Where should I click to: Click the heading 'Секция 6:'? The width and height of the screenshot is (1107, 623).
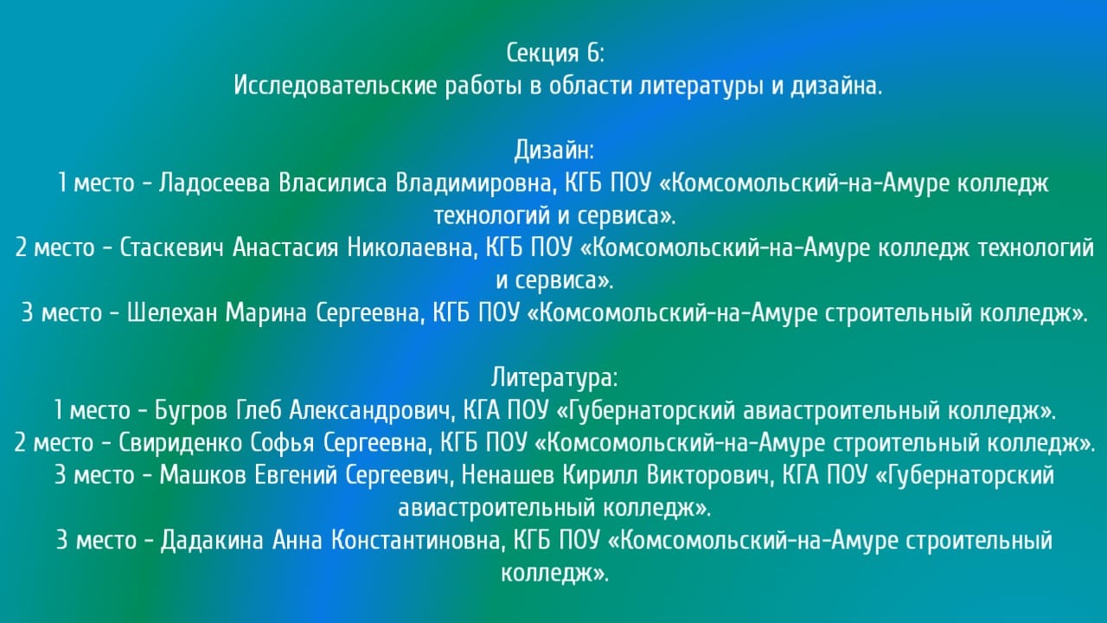click(x=555, y=53)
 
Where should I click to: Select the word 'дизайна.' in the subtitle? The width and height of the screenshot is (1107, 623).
click(x=836, y=87)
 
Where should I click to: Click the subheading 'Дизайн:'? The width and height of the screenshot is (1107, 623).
click(x=553, y=151)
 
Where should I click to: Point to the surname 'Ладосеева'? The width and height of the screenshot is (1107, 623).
click(x=214, y=183)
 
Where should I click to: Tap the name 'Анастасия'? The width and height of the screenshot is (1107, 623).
click(x=285, y=247)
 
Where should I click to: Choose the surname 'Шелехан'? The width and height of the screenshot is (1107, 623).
click(x=172, y=312)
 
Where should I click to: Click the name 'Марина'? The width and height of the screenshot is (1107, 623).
click(x=266, y=313)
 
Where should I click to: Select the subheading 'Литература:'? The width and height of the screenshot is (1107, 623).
click(x=554, y=378)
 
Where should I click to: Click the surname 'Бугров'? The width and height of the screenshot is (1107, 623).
click(x=191, y=411)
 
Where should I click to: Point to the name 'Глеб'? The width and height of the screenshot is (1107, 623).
click(x=259, y=410)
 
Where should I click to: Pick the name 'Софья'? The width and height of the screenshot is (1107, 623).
click(x=282, y=442)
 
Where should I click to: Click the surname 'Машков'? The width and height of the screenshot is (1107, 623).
click(x=202, y=475)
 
